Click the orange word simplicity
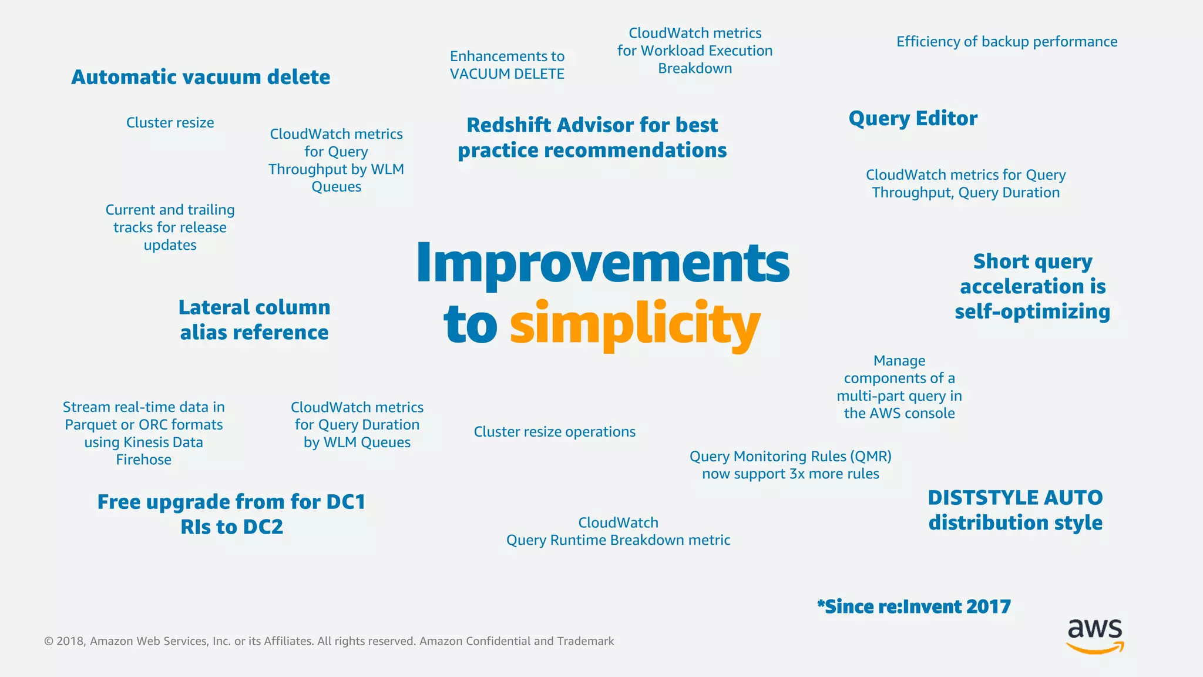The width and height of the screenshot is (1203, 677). tap(634, 324)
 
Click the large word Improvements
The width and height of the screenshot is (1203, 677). tap(603, 263)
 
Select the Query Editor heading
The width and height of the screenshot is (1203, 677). tap(913, 119)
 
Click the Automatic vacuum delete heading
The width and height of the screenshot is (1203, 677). tap(200, 77)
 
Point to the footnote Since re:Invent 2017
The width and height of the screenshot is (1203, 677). tap(914, 606)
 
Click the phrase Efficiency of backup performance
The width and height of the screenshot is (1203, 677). tap(1006, 42)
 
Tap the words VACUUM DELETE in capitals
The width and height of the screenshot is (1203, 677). tap(507, 74)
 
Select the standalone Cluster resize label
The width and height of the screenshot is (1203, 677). tap(170, 123)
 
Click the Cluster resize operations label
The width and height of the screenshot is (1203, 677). tap(555, 432)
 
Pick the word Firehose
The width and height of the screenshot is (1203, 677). tap(143, 460)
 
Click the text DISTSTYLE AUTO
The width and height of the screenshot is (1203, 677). tap(1015, 498)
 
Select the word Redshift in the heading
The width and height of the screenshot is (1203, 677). tap(509, 125)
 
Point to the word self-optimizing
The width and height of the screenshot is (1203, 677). tap(1032, 311)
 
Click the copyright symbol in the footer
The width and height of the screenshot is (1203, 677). tap(49, 641)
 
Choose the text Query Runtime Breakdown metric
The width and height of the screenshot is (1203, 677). tap(618, 540)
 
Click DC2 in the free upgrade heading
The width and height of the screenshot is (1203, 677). tap(263, 527)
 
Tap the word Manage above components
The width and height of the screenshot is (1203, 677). tap(899, 361)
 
